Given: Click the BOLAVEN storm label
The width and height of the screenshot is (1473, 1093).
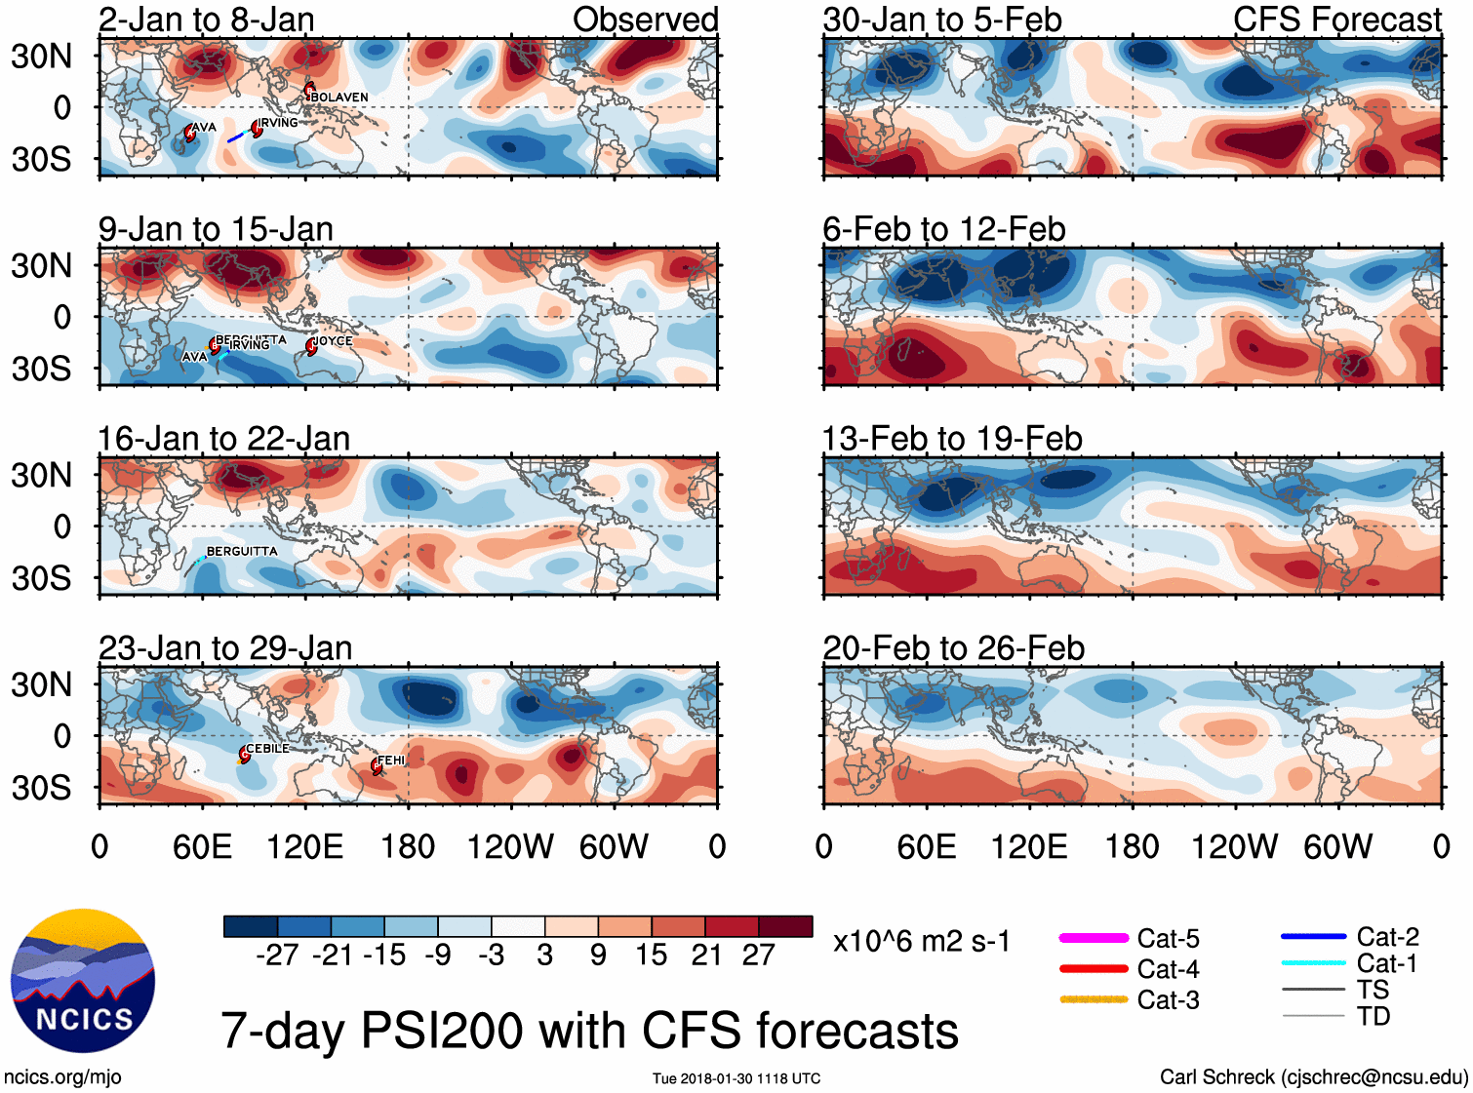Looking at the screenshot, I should tap(339, 98).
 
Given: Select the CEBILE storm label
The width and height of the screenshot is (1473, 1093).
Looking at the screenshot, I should tap(267, 749).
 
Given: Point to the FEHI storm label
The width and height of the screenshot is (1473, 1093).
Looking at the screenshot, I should tap(391, 761).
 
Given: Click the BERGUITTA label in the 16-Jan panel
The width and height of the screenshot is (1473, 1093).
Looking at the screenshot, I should tap(242, 552).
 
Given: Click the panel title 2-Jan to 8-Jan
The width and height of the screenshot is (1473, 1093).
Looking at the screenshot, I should tap(206, 20).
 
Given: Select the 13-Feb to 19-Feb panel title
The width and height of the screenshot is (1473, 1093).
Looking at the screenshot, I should tap(952, 439).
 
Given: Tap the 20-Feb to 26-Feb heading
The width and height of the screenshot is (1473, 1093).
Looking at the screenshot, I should tap(953, 648).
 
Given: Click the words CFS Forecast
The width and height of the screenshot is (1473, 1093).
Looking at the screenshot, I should tap(1336, 20).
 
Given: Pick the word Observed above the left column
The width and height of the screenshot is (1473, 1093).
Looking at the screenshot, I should tap(645, 20).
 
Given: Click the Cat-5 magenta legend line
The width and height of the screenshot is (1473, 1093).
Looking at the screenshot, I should tap(1094, 938).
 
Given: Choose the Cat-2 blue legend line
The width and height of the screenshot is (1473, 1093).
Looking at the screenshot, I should tap(1313, 936).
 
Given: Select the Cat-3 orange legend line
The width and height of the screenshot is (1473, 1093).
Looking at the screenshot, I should tap(1094, 999).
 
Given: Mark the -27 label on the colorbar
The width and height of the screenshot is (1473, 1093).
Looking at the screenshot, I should tap(277, 956).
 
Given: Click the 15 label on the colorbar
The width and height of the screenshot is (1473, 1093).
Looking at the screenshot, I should tap(651, 956).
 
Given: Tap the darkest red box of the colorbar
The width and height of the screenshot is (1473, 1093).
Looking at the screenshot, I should tap(785, 926).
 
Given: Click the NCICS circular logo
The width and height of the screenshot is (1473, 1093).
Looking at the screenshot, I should tap(83, 980).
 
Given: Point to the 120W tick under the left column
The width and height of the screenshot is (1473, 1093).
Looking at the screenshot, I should tap(510, 847).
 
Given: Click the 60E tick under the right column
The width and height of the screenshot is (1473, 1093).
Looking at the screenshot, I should tap(926, 847).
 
